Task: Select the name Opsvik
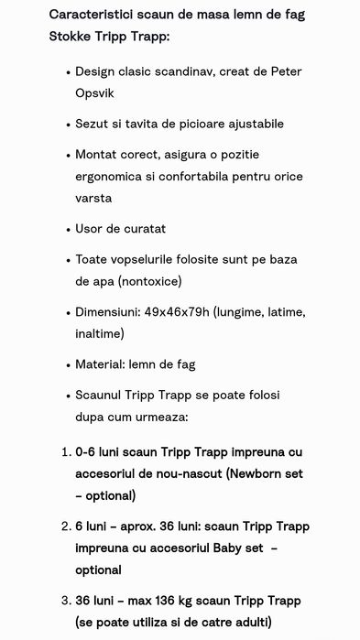(96, 92)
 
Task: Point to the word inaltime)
(100, 333)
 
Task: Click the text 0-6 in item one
(85, 451)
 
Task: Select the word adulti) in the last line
(250, 623)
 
